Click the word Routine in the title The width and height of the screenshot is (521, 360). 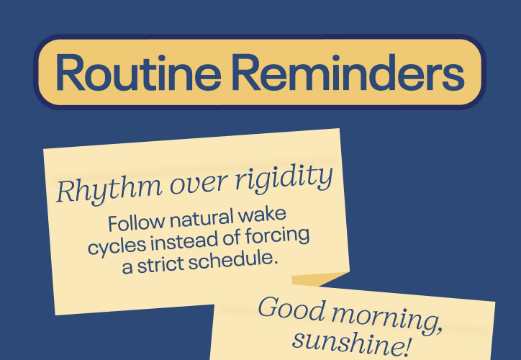click(x=138, y=72)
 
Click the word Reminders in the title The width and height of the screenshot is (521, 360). click(x=348, y=72)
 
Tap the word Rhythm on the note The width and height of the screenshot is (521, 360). click(x=109, y=190)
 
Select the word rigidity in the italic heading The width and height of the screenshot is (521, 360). click(x=284, y=179)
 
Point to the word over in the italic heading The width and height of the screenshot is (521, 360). click(x=199, y=185)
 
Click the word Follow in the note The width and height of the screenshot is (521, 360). click(x=136, y=222)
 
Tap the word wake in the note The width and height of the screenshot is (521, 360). click(x=262, y=214)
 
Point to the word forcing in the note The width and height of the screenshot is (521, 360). click(x=278, y=235)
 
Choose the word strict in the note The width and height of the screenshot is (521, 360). click(x=160, y=264)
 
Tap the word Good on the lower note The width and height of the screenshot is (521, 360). click(x=291, y=308)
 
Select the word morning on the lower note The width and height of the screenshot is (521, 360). click(x=386, y=318)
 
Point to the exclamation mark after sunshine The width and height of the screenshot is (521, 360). click(x=406, y=346)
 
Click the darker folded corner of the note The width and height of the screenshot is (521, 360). click(x=318, y=279)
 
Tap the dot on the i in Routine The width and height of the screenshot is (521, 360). click(x=168, y=58)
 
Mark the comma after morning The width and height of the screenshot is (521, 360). click(x=438, y=329)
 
